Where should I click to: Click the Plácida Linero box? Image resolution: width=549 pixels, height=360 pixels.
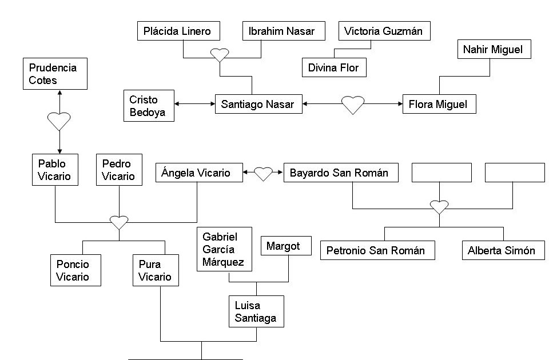click(x=177, y=31)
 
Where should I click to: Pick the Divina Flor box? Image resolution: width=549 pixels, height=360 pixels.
click(x=333, y=67)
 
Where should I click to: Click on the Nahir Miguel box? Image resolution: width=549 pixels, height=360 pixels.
click(x=494, y=49)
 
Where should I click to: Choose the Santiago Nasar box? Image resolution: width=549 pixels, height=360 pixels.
click(x=258, y=104)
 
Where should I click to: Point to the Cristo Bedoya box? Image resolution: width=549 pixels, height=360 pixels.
click(x=149, y=106)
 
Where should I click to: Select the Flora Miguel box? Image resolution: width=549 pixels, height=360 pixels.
click(x=439, y=104)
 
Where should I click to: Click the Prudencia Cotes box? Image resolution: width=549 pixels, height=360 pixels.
click(x=55, y=74)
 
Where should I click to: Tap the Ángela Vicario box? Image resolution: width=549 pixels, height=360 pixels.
click(x=199, y=173)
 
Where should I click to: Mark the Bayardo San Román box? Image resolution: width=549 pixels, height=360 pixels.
click(x=340, y=173)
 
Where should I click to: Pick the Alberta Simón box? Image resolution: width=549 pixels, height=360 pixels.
click(x=503, y=250)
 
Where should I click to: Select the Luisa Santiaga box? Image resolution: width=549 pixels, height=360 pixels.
click(x=256, y=311)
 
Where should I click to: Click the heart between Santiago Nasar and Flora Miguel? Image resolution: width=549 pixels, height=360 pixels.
click(x=353, y=105)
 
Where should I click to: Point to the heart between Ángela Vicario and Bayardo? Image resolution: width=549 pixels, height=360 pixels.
click(x=263, y=173)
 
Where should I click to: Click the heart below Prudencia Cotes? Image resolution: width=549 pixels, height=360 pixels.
click(x=59, y=121)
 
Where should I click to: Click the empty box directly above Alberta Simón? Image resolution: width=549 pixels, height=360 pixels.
click(x=515, y=173)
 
